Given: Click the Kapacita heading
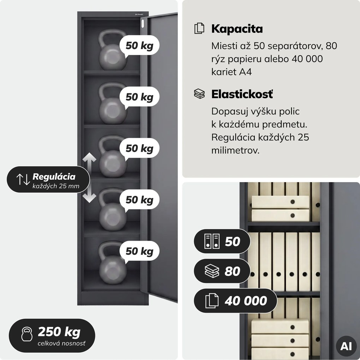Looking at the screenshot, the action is coord(237,29).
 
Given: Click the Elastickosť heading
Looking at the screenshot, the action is coord(242,94).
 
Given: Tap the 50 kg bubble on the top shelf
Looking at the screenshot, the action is coord(139,46).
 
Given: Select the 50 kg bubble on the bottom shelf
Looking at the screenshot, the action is coord(139,251).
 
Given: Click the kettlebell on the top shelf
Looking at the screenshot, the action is coord(112,50).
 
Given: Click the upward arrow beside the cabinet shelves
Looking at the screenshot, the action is coord(89,161).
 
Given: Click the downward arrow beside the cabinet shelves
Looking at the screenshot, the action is coord(89,195).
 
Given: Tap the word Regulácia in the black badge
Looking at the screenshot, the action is coord(54,176).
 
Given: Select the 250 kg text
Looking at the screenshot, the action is coord(59,332).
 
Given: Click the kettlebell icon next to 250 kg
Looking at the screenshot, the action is coord(26,334).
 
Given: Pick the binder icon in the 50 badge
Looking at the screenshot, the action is coord(212,241).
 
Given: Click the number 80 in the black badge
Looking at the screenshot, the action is coord(232,271).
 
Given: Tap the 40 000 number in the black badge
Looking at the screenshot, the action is coord(246,301).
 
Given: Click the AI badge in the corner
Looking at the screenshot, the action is coord(346,346).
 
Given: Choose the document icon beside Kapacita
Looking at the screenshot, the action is coord(199,29).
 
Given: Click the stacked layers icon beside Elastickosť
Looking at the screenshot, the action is coord(199,94).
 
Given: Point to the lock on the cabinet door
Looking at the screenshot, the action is coord(143,24).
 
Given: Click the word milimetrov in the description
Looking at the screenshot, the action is coord(235,150).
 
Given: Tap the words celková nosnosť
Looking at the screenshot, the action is coord(61,343).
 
